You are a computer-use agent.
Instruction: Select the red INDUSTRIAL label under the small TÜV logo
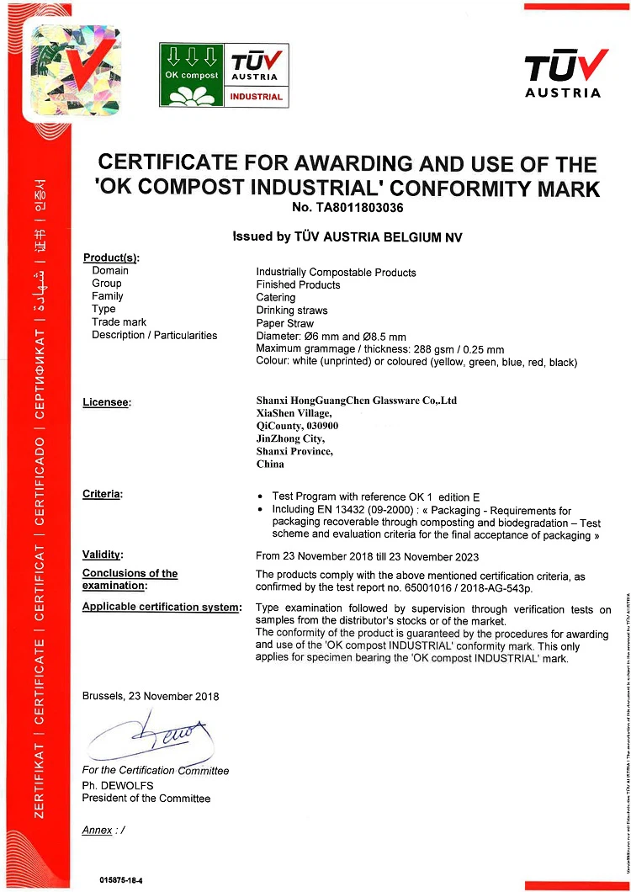pyautogui.click(x=256, y=97)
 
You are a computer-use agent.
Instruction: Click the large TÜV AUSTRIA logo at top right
pyautogui.click(x=563, y=72)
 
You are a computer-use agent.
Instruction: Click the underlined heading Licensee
pyautogui.click(x=107, y=402)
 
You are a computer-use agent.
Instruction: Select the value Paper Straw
pyautogui.click(x=284, y=322)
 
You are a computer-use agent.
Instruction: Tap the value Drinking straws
pyautogui.click(x=292, y=310)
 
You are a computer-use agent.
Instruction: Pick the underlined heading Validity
pyautogui.click(x=103, y=555)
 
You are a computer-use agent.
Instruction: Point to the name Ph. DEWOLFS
pyautogui.click(x=118, y=785)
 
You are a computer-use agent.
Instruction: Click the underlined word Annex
pyautogui.click(x=97, y=830)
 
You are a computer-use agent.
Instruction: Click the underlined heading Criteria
pyautogui.click(x=102, y=493)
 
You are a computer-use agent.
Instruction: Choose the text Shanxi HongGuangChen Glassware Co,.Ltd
pyautogui.click(x=356, y=401)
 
